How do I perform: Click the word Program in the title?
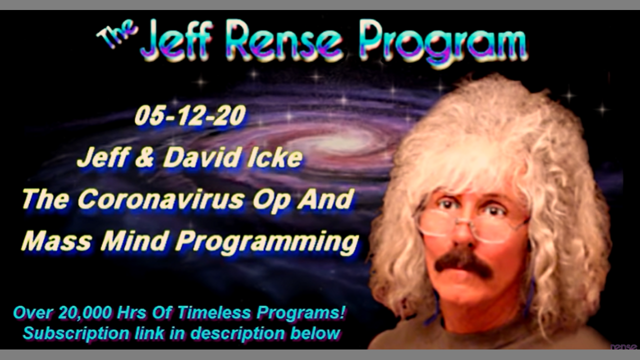[443, 43]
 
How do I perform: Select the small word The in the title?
[117, 34]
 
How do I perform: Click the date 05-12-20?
[190, 115]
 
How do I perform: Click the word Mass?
[56, 240]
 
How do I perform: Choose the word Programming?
[267, 243]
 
